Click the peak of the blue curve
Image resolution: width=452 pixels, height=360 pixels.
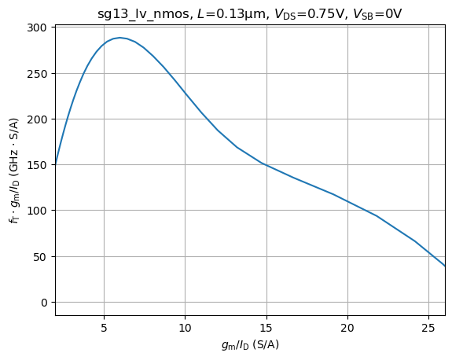click(x=119, y=38)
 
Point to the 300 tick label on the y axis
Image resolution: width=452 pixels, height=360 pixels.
click(x=37, y=28)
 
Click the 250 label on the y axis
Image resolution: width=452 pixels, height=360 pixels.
click(x=37, y=74)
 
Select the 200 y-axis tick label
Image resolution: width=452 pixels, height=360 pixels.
click(x=37, y=119)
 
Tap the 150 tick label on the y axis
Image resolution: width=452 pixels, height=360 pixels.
click(x=37, y=165)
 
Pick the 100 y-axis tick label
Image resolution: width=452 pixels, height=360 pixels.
click(x=37, y=211)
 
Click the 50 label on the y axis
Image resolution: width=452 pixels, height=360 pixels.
click(x=40, y=257)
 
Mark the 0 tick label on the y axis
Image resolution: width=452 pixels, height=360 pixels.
click(x=44, y=303)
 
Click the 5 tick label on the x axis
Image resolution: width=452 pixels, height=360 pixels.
click(x=104, y=328)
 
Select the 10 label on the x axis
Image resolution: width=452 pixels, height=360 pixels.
click(x=185, y=328)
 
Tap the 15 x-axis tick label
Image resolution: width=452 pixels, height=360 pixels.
click(x=266, y=328)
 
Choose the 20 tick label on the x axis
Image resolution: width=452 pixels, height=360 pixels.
click(x=347, y=328)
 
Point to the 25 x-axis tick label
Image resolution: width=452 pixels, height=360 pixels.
click(x=428, y=328)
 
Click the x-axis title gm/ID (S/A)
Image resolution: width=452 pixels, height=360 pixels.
click(x=250, y=345)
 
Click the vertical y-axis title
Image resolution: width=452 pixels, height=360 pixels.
click(x=13, y=171)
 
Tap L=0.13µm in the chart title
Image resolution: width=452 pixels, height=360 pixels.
click(x=231, y=13)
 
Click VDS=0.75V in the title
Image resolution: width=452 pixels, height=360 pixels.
click(x=309, y=14)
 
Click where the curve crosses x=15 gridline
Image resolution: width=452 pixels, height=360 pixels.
click(x=266, y=165)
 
